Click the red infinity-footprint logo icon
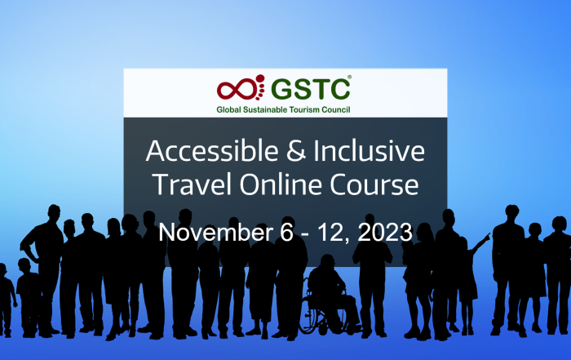[241, 87]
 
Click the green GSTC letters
[311, 88]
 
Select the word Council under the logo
[336, 109]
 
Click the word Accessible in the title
[212, 151]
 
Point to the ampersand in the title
[296, 151]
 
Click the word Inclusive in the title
[369, 151]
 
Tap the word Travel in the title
[193, 184]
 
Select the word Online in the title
[281, 184]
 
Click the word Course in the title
[374, 184]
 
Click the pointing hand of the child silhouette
[486, 237]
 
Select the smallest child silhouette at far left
[7, 300]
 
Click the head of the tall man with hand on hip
[55, 212]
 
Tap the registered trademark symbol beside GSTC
[350, 77]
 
